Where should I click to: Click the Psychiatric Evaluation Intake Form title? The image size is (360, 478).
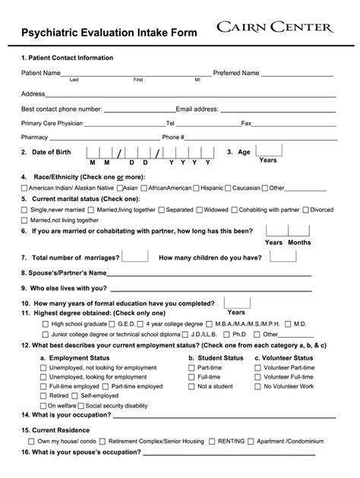pos(109,33)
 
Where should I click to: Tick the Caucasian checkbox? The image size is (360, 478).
pos(228,188)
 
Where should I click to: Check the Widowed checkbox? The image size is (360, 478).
pos(199,209)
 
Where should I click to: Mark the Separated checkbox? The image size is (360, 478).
pos(161,209)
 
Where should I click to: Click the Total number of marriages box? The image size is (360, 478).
pos(135,256)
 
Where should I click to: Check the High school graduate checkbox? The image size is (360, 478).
pos(45,324)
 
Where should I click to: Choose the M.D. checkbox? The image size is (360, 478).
pos(289,324)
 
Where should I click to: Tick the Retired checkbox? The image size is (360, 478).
pos(43,396)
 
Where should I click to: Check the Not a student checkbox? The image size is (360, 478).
pos(192,386)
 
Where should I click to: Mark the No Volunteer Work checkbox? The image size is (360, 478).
pos(259,386)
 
